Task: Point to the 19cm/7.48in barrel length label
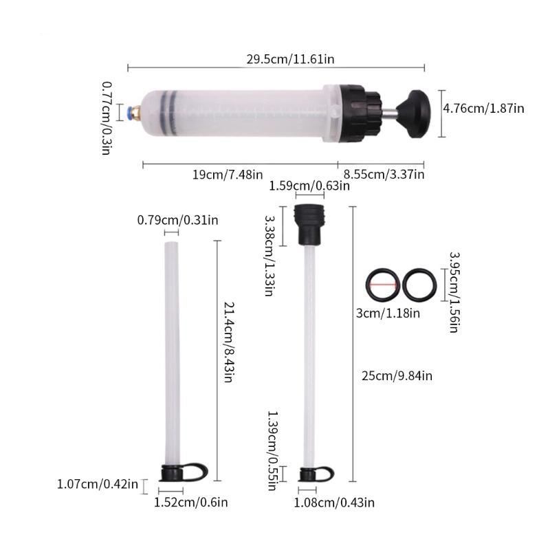pyautogui.click(x=227, y=175)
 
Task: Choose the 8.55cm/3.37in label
pyautogui.click(x=384, y=175)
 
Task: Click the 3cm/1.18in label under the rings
pyautogui.click(x=388, y=314)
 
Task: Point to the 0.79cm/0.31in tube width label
pyautogui.click(x=177, y=220)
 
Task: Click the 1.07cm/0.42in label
pyautogui.click(x=98, y=485)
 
